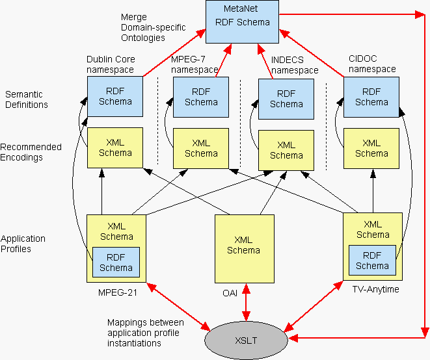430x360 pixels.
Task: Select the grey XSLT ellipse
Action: coord(246,339)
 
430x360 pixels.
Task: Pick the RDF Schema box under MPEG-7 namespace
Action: coord(201,97)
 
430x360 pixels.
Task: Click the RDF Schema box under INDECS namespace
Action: coord(286,99)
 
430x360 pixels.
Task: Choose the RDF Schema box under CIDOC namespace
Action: coord(371,97)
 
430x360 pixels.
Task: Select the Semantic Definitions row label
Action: coord(26,99)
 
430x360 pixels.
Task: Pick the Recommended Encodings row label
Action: coord(31,152)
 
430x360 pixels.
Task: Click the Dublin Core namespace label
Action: coord(110,64)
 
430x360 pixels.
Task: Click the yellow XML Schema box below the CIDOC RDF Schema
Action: coord(371,148)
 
